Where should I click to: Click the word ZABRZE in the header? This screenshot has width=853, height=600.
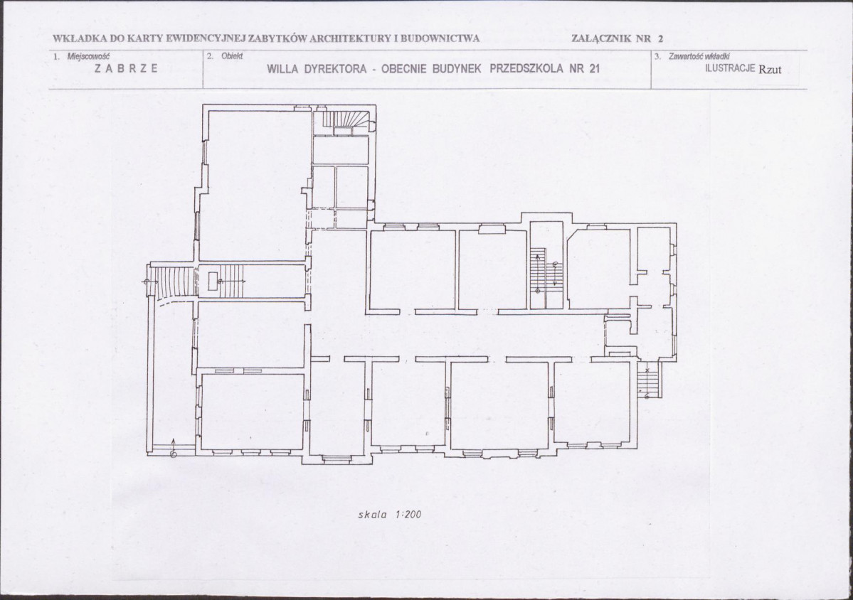tap(126, 68)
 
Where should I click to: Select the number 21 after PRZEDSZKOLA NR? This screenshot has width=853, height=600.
tap(594, 69)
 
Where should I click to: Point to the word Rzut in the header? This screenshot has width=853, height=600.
tap(770, 69)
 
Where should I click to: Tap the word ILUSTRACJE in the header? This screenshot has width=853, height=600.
tap(730, 68)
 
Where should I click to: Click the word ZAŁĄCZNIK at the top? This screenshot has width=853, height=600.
tap(602, 38)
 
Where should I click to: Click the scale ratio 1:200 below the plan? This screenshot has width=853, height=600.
tap(408, 514)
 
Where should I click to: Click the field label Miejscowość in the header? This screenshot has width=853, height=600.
tap(88, 56)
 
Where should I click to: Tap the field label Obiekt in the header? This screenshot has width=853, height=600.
tap(232, 56)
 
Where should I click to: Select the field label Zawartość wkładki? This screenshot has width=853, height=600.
tap(699, 56)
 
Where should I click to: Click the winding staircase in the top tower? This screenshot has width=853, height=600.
tap(344, 122)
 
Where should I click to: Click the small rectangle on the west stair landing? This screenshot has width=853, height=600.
tap(213, 280)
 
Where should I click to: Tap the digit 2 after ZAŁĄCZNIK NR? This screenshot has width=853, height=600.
tap(660, 38)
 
